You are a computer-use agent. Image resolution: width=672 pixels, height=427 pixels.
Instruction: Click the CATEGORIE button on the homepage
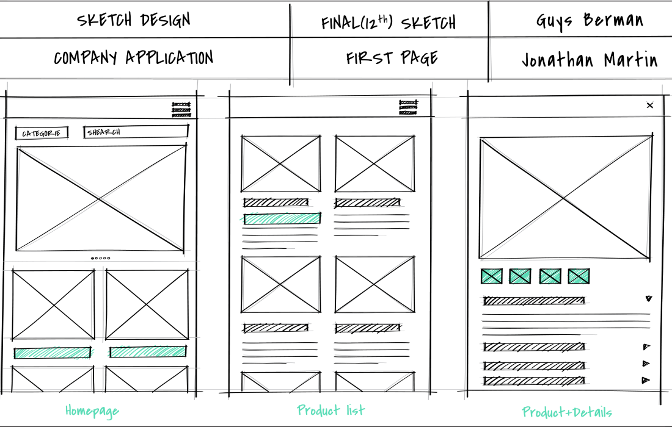coord(42,133)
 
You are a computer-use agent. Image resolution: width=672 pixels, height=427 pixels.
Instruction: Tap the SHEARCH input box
coord(136,132)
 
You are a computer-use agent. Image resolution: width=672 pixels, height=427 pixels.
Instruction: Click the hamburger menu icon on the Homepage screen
coord(181,110)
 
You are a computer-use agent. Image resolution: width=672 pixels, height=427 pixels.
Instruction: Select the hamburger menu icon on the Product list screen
coord(408,107)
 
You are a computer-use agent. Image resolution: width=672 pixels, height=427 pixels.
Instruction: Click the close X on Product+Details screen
coord(650,106)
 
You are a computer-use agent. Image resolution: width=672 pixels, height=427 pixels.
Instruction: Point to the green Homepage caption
coord(92,411)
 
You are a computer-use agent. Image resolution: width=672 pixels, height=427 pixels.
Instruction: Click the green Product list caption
coord(331,410)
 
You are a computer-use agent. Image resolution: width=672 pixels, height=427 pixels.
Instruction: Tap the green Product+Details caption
coord(566,412)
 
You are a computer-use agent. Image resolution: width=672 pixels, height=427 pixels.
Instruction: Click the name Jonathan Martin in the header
coord(590,60)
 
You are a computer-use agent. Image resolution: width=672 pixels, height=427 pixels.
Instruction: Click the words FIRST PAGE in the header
coord(392,58)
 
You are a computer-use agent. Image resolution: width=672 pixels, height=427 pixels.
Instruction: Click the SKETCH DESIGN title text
coord(133,20)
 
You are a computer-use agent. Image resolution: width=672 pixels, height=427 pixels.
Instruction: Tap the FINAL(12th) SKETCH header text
coord(389,22)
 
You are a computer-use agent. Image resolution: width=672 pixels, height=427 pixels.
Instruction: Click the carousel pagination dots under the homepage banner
coord(100,258)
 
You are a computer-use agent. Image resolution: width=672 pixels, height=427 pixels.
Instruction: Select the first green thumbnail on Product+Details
coord(492,276)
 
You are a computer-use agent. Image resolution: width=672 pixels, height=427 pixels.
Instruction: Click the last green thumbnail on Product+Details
coord(579,276)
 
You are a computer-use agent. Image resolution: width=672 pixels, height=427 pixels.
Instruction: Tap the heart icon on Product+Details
coord(648,299)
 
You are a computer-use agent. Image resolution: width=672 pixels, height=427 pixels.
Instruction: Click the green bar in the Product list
coord(282,218)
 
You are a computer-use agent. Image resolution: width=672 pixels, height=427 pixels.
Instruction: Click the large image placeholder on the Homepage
coord(101,198)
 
